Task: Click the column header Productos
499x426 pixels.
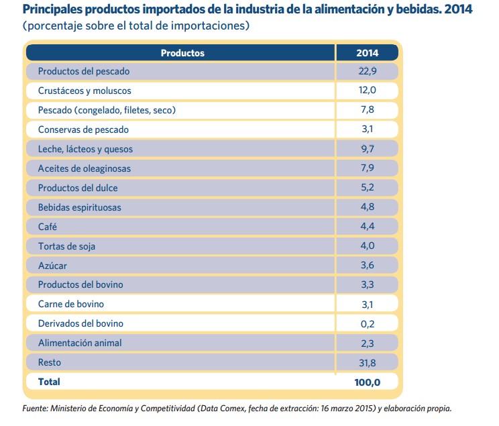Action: pyautogui.click(x=182, y=52)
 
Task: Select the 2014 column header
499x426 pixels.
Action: pyautogui.click(x=367, y=52)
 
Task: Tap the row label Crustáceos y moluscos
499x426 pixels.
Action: pyautogui.click(x=85, y=91)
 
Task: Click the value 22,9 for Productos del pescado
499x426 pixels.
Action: pyautogui.click(x=367, y=71)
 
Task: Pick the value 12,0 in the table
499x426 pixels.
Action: pyautogui.click(x=367, y=91)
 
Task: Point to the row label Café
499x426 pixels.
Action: pyautogui.click(x=48, y=227)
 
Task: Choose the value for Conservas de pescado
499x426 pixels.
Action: pyautogui.click(x=367, y=129)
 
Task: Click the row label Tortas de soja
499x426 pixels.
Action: pyautogui.click(x=66, y=246)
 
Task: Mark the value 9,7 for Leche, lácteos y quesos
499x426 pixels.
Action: pyautogui.click(x=367, y=149)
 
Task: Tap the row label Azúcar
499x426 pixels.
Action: pyautogui.click(x=52, y=266)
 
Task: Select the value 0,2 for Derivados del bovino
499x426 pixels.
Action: pyautogui.click(x=367, y=323)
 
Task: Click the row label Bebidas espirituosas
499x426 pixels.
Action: pyautogui.click(x=80, y=207)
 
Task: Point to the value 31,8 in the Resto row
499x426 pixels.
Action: pyautogui.click(x=367, y=362)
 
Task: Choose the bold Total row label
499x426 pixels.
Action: pyautogui.click(x=49, y=382)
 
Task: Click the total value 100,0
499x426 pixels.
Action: pyautogui.click(x=366, y=382)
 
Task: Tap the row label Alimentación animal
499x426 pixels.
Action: pyautogui.click(x=80, y=343)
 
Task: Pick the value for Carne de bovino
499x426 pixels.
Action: pyautogui.click(x=367, y=304)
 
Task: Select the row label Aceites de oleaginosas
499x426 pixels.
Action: pyautogui.click(x=85, y=168)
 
